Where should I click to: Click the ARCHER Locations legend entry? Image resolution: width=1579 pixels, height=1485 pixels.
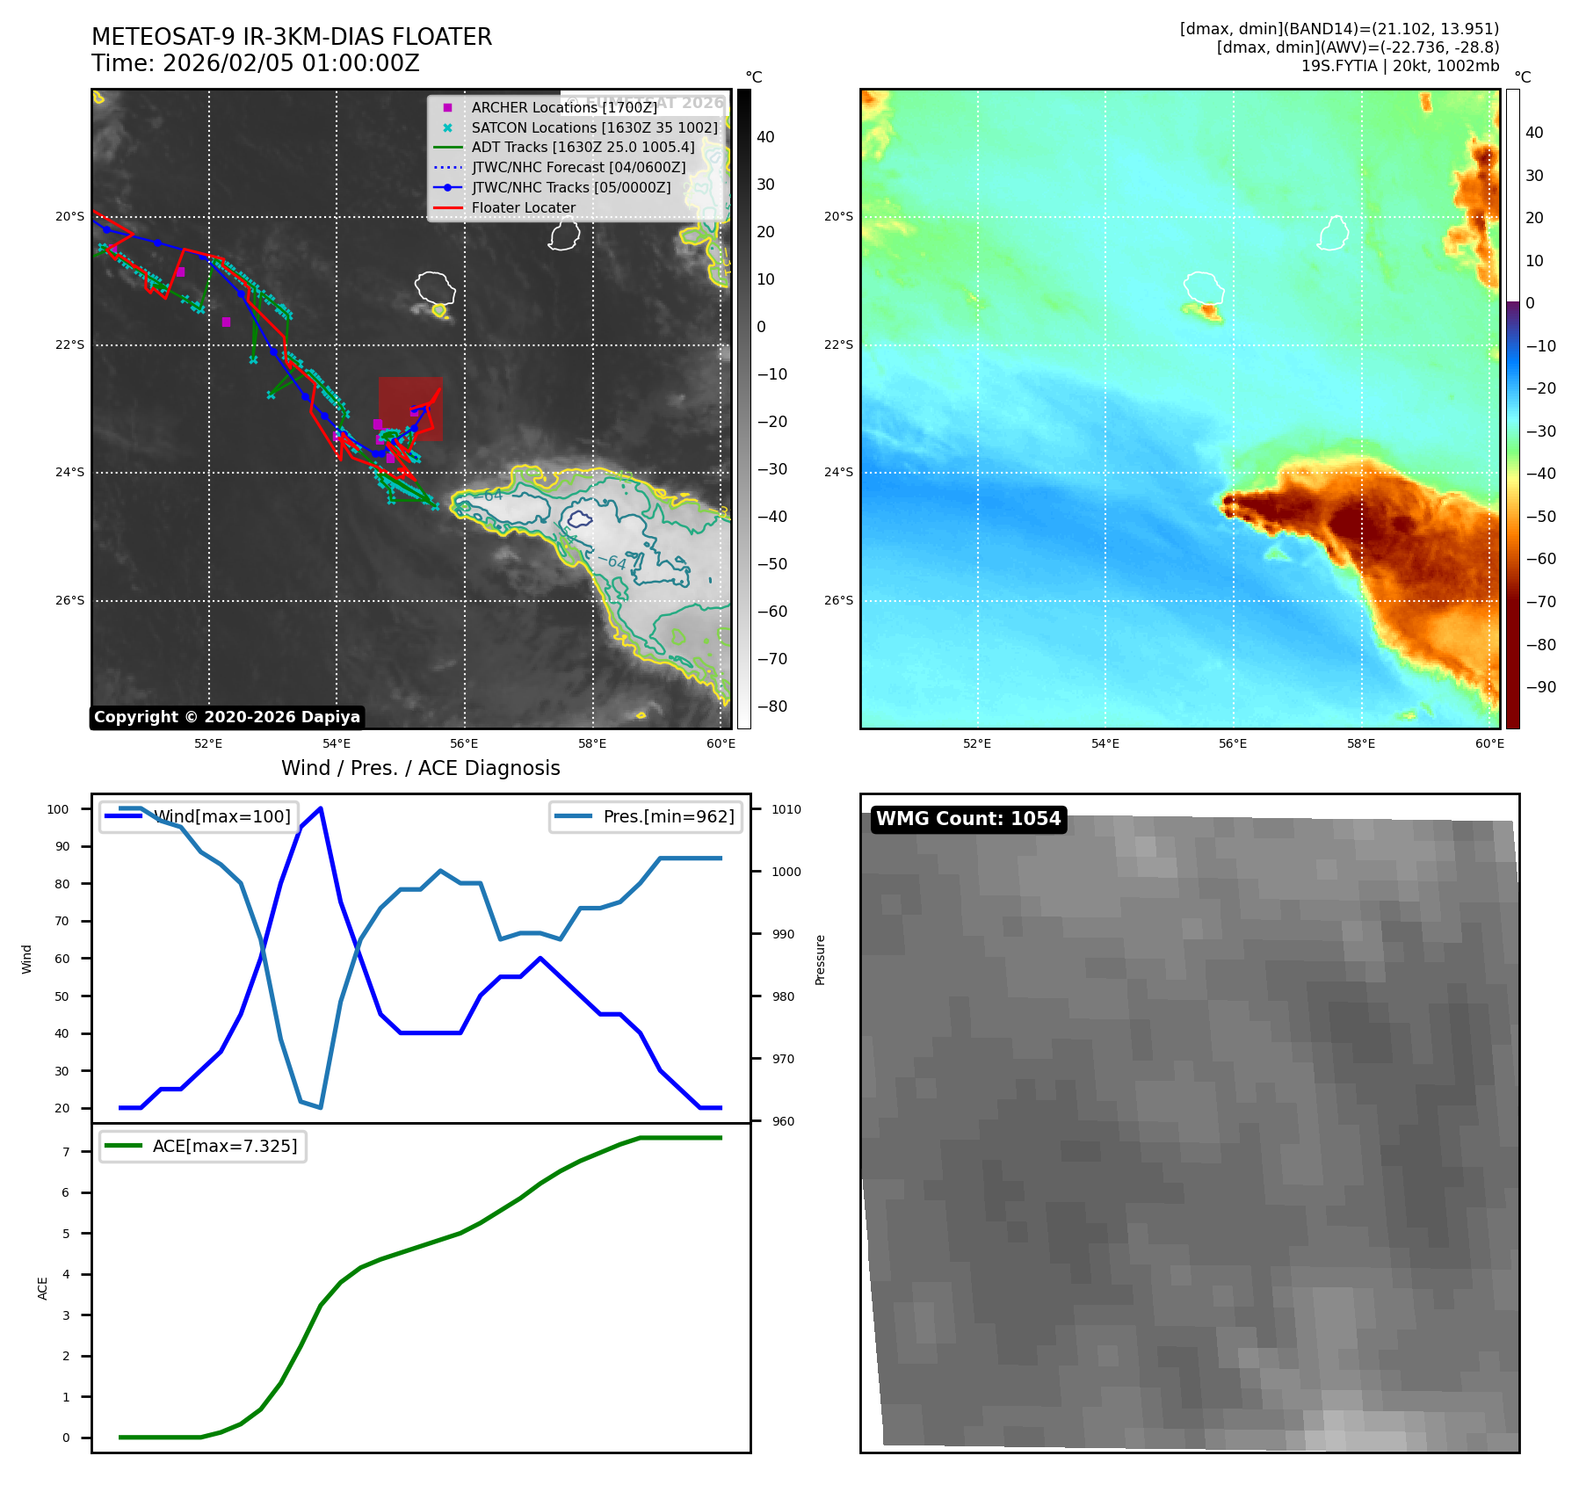point(563,107)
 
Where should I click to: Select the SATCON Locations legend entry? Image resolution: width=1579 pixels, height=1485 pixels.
point(594,127)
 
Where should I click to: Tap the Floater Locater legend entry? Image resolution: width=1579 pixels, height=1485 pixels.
point(523,208)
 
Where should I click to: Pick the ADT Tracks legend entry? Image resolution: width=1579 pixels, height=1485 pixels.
point(583,148)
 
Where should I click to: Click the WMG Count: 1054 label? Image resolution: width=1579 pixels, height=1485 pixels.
point(968,819)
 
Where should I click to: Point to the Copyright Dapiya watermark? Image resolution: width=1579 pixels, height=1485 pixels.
point(227,717)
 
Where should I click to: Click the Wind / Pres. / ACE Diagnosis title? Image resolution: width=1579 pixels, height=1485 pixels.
point(420,768)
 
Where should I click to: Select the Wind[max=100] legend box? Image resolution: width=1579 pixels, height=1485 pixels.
point(199,816)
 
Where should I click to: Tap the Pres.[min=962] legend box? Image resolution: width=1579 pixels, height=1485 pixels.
point(647,816)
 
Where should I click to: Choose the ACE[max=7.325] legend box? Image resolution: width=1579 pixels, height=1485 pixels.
point(203,1146)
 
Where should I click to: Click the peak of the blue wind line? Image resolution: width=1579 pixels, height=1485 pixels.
point(321,808)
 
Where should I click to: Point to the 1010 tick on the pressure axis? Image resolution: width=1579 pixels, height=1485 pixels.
point(786,809)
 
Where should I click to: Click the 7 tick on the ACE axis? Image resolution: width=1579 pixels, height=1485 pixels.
point(66,1152)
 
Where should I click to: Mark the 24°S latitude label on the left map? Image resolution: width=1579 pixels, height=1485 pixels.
point(70,473)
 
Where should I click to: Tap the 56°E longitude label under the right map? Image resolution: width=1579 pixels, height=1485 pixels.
point(1232,744)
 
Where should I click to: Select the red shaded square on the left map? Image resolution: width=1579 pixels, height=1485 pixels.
point(410,409)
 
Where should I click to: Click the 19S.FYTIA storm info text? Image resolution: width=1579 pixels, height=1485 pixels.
point(1400,66)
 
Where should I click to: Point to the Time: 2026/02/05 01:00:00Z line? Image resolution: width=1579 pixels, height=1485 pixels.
point(256,63)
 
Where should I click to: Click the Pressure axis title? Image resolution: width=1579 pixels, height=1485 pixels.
point(820,960)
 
